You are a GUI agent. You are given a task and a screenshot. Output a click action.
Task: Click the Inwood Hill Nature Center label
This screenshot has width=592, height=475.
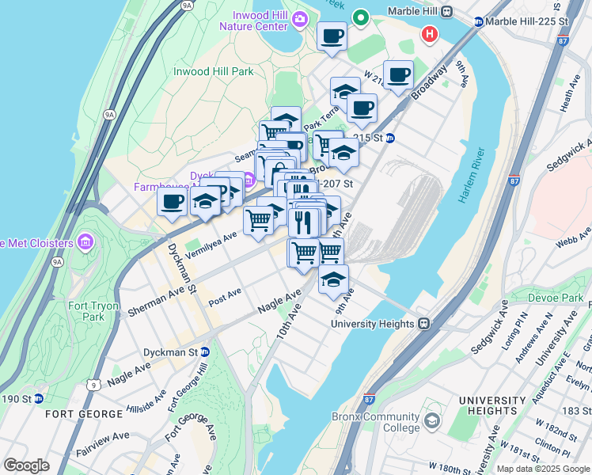coord(259,21)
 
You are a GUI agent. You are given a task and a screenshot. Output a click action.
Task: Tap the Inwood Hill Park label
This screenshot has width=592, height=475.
coord(213,71)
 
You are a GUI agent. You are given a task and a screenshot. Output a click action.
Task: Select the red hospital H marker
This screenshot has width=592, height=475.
coord(430,34)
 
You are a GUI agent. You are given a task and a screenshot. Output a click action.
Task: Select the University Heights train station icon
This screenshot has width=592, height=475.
coord(424,324)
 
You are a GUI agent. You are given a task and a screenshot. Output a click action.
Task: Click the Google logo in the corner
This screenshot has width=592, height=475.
coord(26,465)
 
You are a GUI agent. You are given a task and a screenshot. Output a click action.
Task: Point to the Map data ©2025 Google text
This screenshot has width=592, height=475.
coord(543,469)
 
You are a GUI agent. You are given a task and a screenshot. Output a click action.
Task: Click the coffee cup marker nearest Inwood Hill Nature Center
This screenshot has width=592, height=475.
coord(332,36)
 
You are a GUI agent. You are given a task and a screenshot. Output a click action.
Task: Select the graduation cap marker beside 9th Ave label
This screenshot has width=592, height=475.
coord(333,280)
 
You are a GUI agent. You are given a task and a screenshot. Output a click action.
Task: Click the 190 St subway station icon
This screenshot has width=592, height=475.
coord(38,397)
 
